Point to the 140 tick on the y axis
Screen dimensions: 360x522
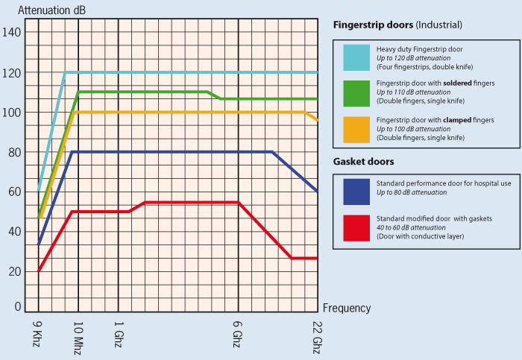tap(12, 33)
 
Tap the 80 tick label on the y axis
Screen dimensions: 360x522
tap(14, 152)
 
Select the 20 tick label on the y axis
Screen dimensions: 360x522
tap(14, 271)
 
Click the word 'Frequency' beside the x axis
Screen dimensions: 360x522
tap(346, 308)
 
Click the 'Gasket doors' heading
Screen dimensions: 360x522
tap(363, 162)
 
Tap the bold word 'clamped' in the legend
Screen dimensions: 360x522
tap(459, 120)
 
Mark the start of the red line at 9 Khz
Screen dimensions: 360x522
tap(39, 271)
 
